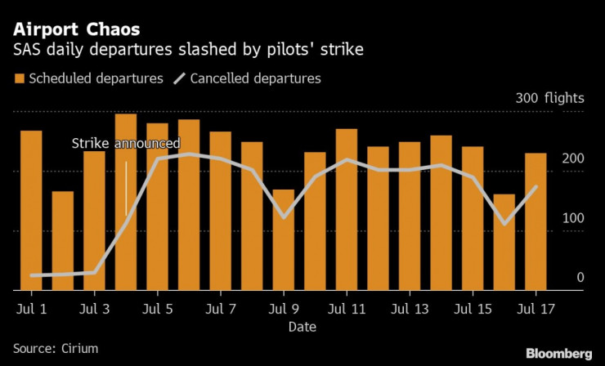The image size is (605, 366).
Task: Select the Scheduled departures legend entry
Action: point(88,78)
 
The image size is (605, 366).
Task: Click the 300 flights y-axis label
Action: point(549,99)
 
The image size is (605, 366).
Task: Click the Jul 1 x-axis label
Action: point(31,310)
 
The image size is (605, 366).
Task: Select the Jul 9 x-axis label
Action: point(284,310)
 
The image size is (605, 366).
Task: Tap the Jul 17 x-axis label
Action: point(536,310)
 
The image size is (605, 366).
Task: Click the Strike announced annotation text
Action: point(126,144)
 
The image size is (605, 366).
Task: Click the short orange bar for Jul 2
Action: point(63,240)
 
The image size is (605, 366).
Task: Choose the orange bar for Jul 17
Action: point(536,221)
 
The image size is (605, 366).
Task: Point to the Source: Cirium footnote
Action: point(56,348)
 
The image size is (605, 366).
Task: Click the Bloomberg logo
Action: point(558,353)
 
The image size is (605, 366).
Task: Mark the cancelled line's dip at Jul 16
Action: point(504,224)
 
